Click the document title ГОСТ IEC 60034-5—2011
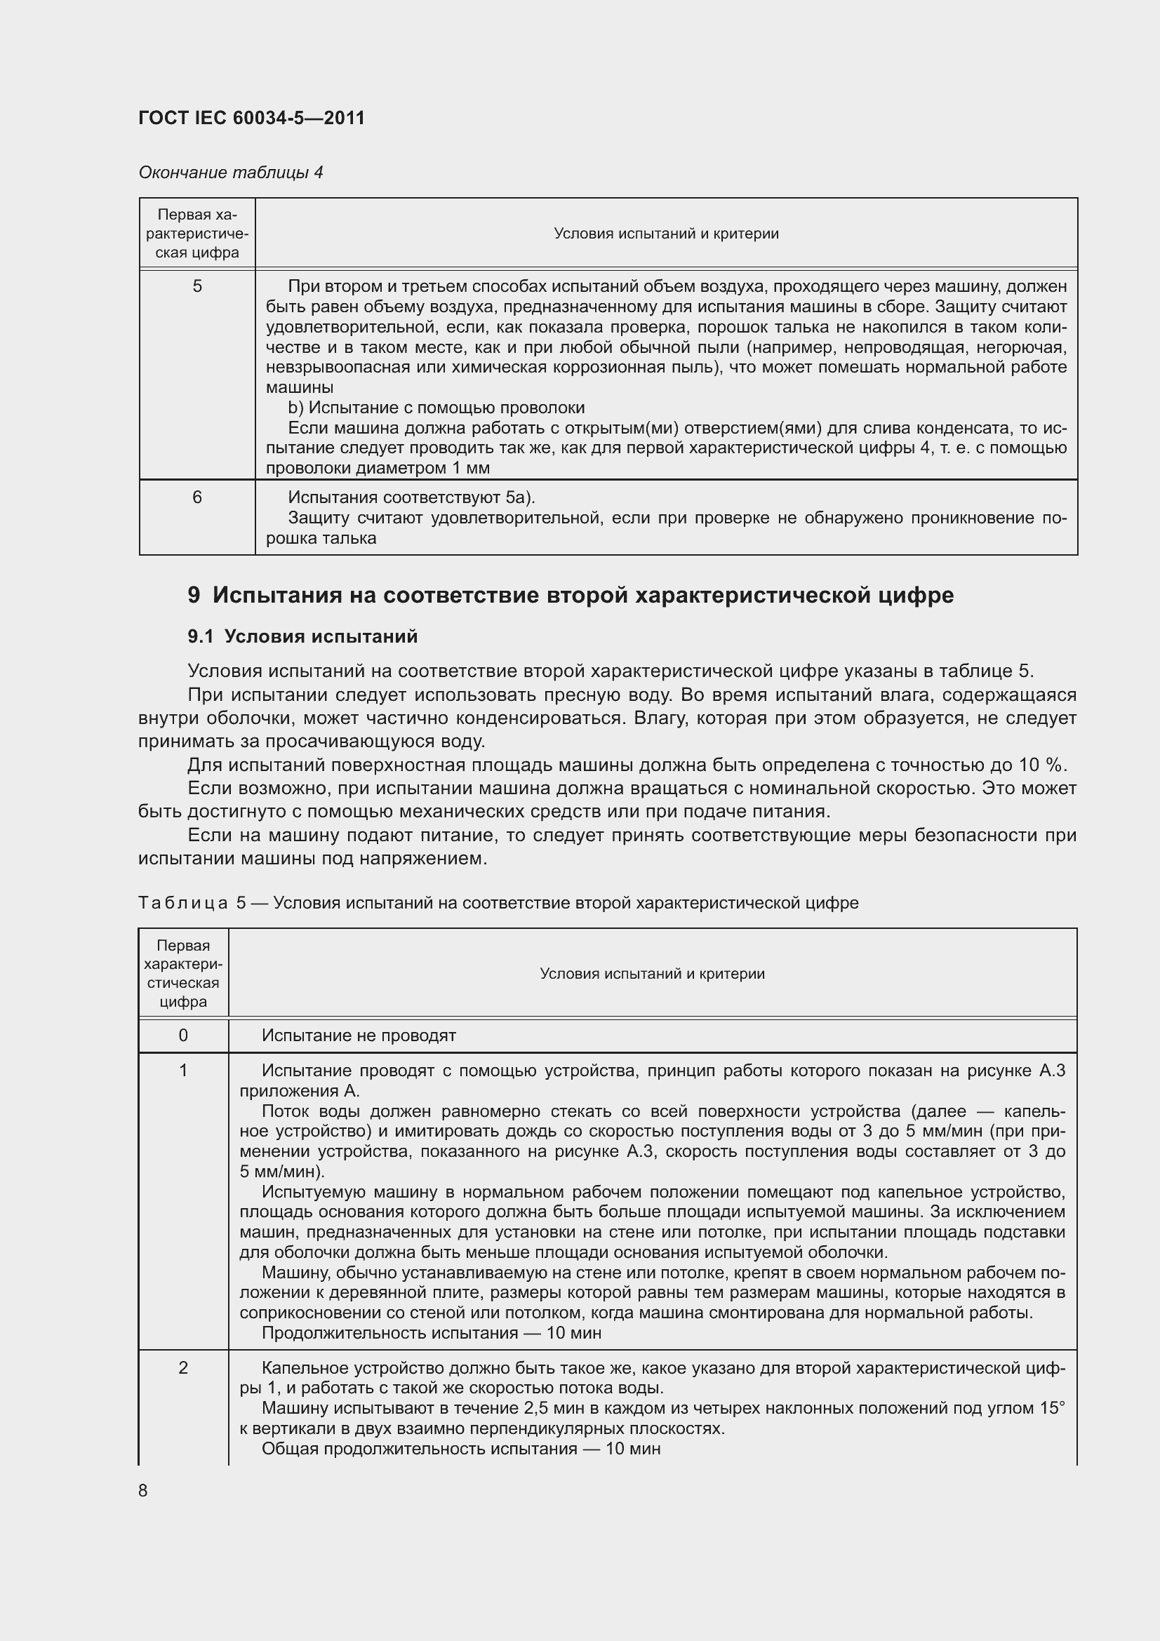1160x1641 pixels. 252,118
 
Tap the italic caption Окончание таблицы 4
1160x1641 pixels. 231,173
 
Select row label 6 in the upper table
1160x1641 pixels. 197,497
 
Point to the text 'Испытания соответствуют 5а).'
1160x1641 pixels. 411,497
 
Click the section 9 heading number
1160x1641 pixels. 194,596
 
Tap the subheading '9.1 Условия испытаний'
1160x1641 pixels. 302,637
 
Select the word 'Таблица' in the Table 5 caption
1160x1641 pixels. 183,903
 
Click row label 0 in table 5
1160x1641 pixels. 184,1035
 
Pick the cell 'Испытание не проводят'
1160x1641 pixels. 359,1035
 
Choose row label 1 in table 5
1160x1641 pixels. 184,1070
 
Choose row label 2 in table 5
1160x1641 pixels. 184,1367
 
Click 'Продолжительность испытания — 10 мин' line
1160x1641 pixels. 431,1332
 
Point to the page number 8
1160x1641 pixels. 143,1490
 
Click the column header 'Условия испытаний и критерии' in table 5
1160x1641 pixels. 652,974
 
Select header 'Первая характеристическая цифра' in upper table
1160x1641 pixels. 197,234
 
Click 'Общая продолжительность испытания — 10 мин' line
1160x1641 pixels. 461,1448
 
